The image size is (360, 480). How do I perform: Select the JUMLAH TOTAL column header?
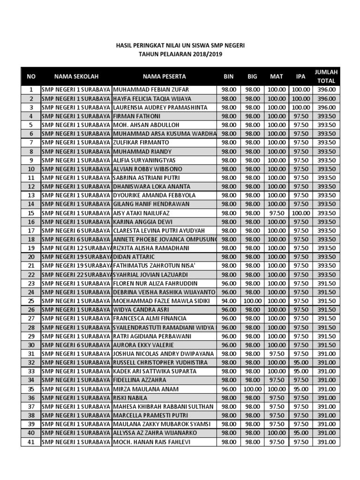[x=326, y=76]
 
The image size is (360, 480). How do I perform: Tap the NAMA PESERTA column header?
[x=164, y=76]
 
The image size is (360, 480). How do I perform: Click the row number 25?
[x=31, y=301]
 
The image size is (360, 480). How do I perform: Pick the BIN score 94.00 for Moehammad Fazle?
[x=229, y=301]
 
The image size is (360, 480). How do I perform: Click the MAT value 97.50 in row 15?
[x=277, y=213]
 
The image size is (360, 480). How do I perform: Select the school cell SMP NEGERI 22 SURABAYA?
[x=76, y=275]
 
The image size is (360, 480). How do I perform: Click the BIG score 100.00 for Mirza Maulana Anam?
[x=253, y=389]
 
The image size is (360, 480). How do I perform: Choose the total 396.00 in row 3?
[x=326, y=107]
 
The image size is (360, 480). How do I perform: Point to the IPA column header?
[x=300, y=76]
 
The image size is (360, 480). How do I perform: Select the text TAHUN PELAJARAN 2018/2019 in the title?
[x=180, y=54]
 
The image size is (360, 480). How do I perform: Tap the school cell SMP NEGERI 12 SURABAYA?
[x=76, y=248]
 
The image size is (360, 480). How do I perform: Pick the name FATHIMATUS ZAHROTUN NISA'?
[x=150, y=266]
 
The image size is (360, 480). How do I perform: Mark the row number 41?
[x=31, y=442]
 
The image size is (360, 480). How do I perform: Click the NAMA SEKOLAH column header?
[x=76, y=76]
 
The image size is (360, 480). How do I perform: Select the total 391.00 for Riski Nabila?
[x=326, y=398]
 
